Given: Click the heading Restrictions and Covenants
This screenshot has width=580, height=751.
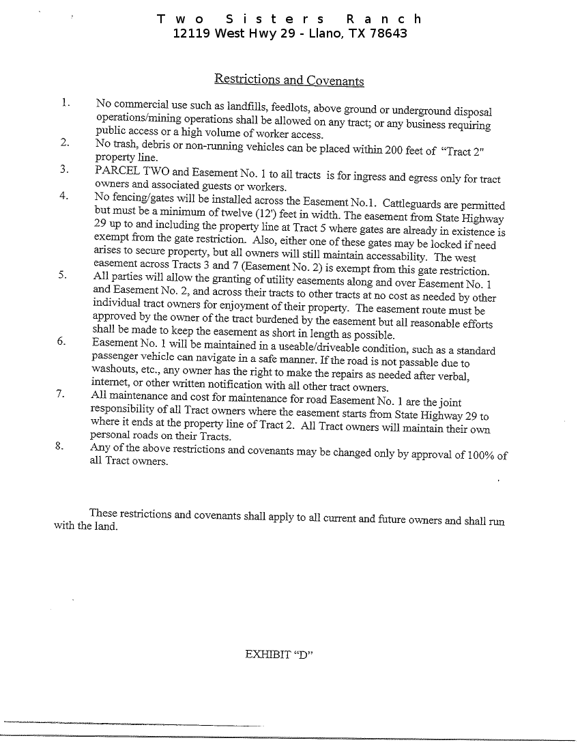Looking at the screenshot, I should click(289, 80).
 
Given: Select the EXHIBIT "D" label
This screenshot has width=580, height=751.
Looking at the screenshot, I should click(278, 654).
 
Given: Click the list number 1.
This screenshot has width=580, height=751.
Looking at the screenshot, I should click(65, 102).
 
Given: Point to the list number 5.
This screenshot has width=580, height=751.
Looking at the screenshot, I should click(62, 275).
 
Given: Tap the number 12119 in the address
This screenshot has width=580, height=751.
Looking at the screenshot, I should click(191, 33).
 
